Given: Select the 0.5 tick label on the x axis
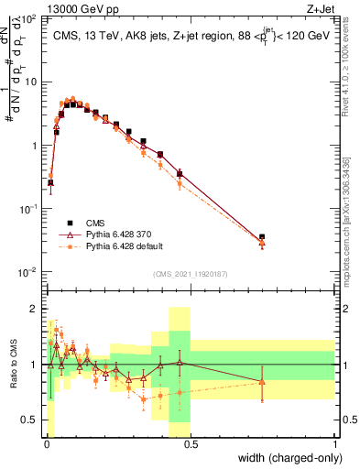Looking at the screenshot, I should pyautogui.click(x=191, y=444).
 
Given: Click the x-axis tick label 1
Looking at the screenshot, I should pyautogui.click(x=334, y=444).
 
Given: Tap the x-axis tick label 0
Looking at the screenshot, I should pyautogui.click(x=47, y=444).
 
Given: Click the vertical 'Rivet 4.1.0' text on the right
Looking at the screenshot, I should pyautogui.click(x=344, y=69).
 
